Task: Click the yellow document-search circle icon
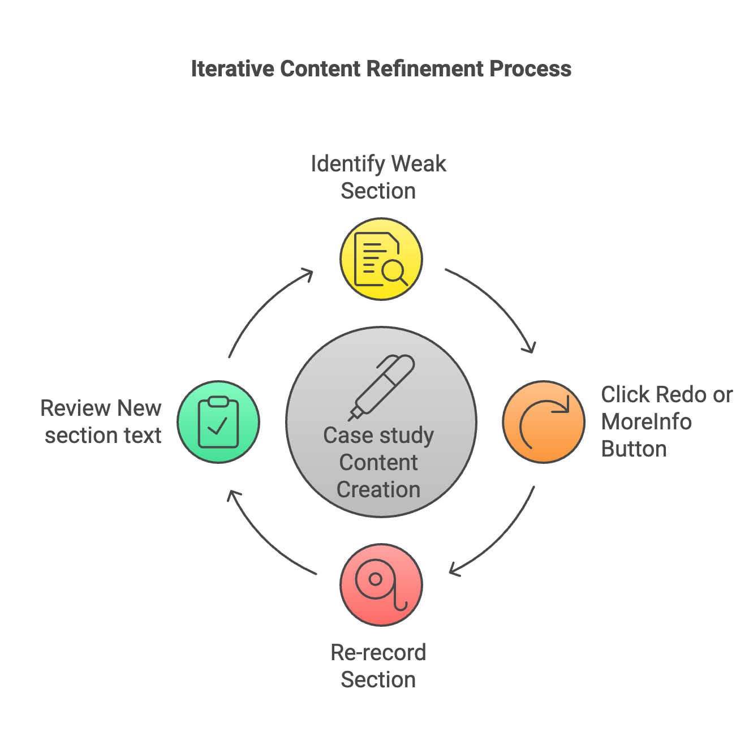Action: point(381,259)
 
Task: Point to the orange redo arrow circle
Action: point(544,422)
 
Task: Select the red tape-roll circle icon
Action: point(381,585)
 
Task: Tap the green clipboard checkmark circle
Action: point(218,422)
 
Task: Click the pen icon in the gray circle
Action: point(381,388)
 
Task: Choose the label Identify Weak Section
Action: point(378,177)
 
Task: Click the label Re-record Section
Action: point(378,666)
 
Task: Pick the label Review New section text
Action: point(101,421)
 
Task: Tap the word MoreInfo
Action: point(646,422)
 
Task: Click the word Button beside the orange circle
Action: point(634,449)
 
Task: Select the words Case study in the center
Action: point(378,436)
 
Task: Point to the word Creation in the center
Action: point(378,490)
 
